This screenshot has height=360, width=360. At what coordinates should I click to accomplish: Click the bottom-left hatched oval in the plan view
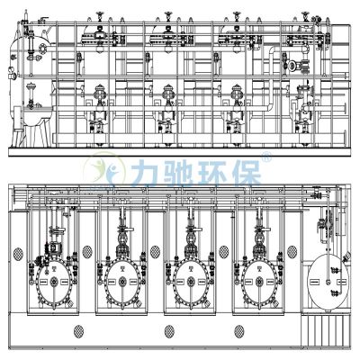click(x=79, y=331)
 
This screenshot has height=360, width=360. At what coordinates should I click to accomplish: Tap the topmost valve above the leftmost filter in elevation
click(x=97, y=12)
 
